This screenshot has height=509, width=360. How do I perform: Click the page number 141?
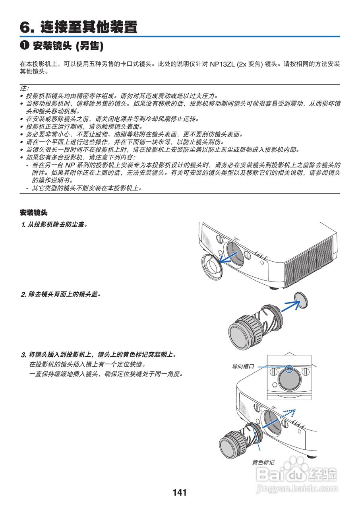180,493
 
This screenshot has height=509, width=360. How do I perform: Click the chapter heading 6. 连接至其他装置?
79,27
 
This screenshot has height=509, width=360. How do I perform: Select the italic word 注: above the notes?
24,88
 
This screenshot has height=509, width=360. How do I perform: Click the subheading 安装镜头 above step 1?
33,213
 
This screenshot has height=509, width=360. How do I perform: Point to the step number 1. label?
23,225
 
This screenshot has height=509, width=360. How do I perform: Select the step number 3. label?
23,354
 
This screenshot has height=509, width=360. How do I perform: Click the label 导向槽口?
243,367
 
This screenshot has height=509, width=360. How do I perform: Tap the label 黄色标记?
263,462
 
